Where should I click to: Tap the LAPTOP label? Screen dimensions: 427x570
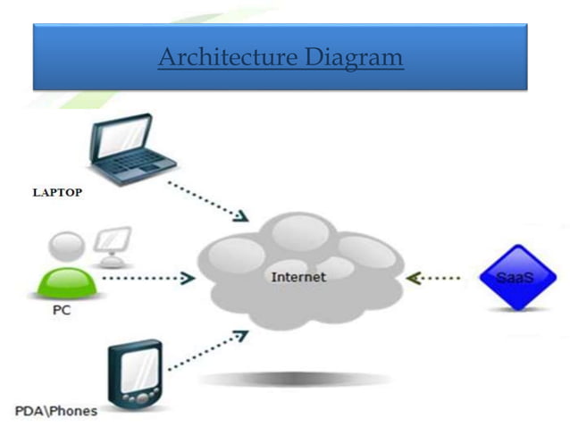[58, 192]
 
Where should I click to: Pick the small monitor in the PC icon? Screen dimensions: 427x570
[113, 242]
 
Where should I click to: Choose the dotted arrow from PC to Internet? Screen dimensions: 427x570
[147, 278]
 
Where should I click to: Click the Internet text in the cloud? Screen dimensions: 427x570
[298, 277]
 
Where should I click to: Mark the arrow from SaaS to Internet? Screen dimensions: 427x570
[434, 278]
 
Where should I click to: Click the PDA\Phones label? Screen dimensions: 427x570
[56, 411]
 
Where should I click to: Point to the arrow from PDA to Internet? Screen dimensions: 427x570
[207, 350]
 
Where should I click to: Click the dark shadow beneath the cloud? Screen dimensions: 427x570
[295, 379]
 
